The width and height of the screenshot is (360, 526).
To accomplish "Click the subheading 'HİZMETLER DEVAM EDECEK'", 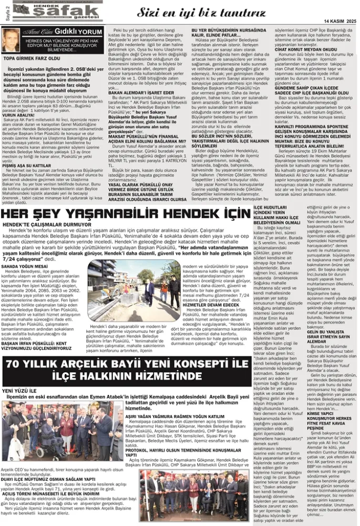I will pos(211,304).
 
